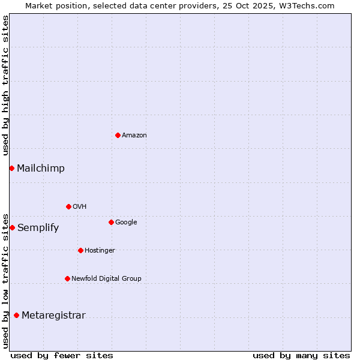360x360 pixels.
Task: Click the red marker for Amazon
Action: point(118,135)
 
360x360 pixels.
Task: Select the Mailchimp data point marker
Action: point(11,168)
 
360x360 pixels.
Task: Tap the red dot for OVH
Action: point(68,206)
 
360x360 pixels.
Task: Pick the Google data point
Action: point(111,222)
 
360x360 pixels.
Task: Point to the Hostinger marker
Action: point(80,250)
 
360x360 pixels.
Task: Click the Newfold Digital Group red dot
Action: point(67,278)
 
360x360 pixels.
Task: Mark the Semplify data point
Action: point(12,227)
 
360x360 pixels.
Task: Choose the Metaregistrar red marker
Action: point(16,315)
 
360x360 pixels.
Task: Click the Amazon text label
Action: point(134,136)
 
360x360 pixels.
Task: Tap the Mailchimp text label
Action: point(41,169)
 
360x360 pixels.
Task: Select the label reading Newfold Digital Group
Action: point(106,278)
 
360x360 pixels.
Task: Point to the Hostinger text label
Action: point(100,250)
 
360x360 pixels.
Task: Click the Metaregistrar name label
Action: point(53,316)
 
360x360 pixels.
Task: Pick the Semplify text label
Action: point(38,228)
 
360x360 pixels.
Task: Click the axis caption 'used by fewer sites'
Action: point(62,355)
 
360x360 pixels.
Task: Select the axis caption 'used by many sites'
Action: point(301,355)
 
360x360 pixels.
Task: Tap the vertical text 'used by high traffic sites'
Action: point(5,85)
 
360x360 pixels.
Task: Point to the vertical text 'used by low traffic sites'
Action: point(5,280)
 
